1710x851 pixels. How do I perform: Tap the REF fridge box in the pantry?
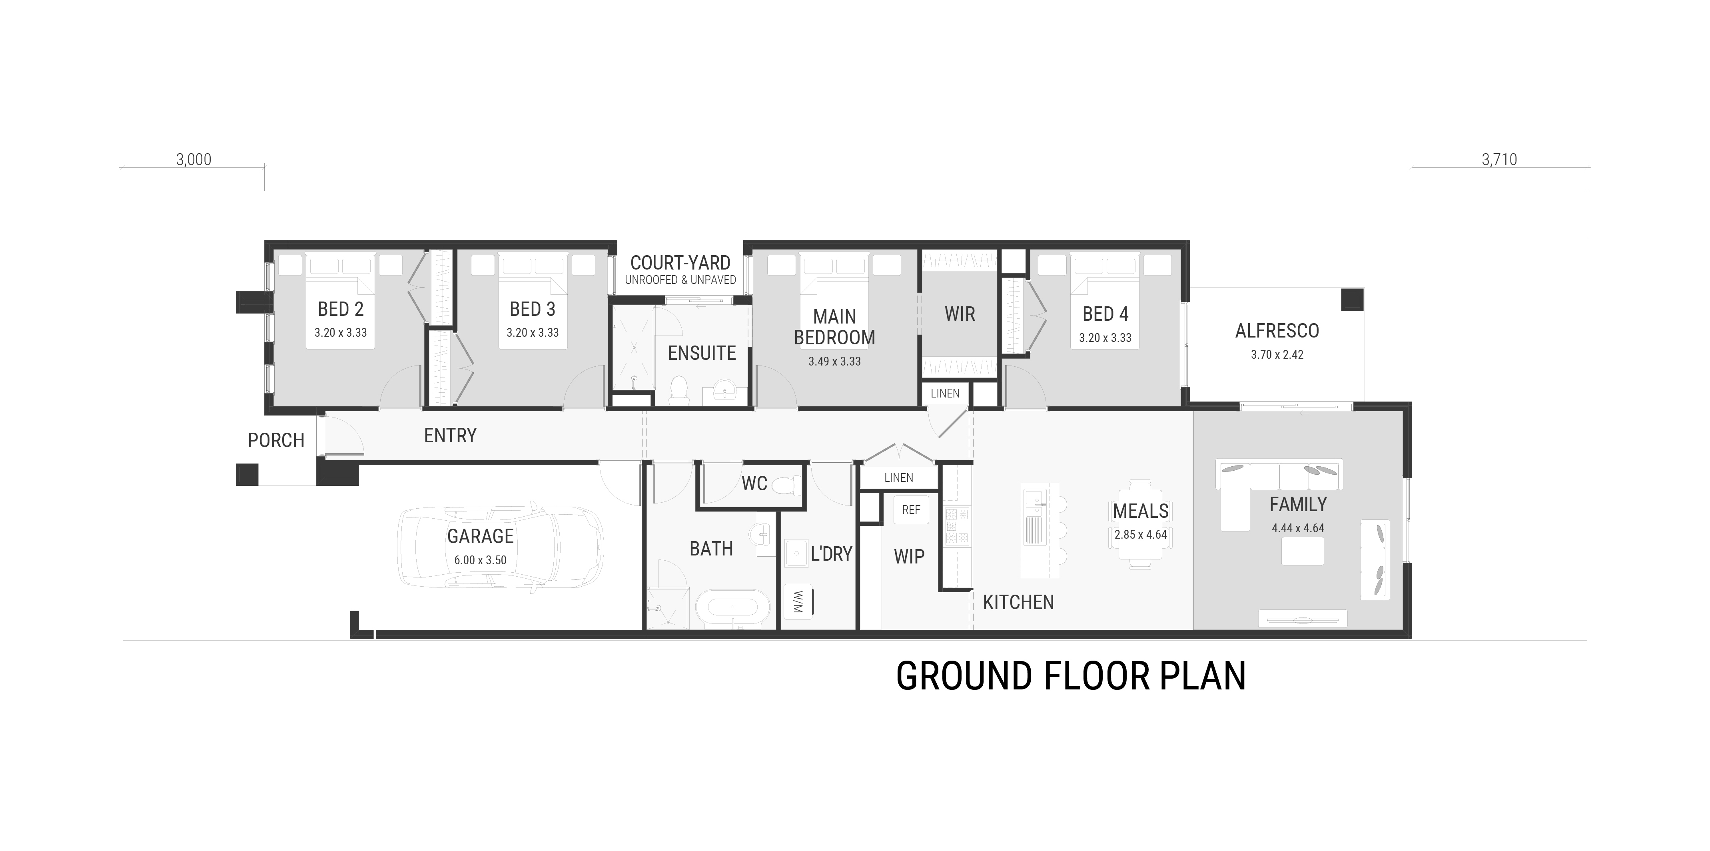[911, 510]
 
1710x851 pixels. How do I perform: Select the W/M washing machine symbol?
[798, 601]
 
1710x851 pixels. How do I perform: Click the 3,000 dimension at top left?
[194, 160]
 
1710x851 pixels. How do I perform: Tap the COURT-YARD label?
[680, 263]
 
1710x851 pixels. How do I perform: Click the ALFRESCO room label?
[1277, 331]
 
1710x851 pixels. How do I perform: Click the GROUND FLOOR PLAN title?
[1071, 676]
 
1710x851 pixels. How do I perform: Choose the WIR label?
[960, 314]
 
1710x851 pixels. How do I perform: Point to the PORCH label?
[276, 440]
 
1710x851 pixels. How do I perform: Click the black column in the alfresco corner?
[1352, 300]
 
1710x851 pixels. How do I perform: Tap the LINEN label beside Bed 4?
[945, 394]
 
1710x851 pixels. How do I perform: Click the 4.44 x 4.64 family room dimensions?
[1298, 528]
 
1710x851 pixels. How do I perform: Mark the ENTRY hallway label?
[450, 435]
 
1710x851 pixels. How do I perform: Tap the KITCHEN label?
[1018, 602]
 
